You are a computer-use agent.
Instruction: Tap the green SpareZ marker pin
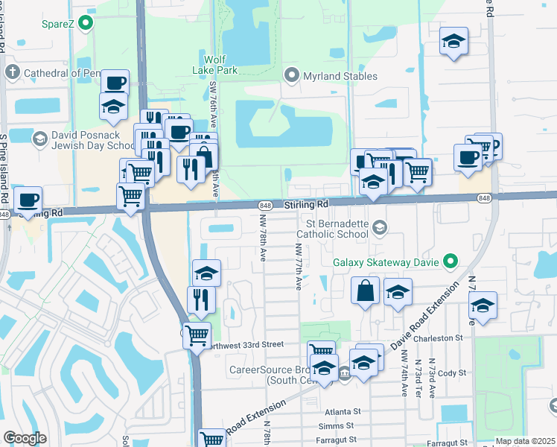[x=86, y=22]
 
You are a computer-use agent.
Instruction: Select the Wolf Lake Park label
[x=220, y=65]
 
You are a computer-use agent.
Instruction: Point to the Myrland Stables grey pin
[x=292, y=75]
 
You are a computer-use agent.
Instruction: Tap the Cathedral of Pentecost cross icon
[x=12, y=73]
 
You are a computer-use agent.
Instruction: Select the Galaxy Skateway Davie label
[x=386, y=261]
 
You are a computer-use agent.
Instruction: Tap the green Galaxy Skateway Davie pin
[x=450, y=261]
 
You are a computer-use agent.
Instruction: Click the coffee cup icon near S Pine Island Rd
[x=28, y=200]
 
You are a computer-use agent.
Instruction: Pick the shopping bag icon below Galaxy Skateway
[x=366, y=291]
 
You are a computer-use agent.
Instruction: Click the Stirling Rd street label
[x=306, y=204]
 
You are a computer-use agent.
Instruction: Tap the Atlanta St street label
[x=343, y=410]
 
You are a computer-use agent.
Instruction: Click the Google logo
[x=25, y=438]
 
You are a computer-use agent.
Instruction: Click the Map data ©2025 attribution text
[x=525, y=441]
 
